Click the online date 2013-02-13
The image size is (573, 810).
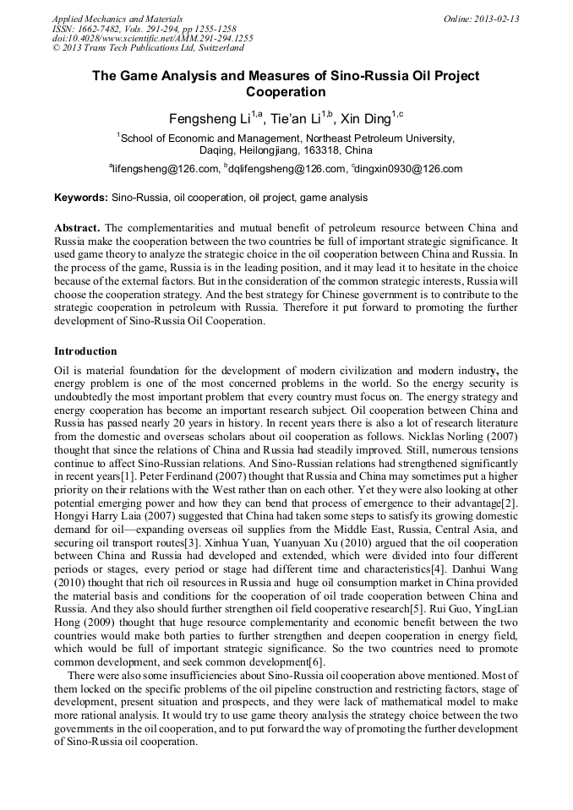[x=497, y=19]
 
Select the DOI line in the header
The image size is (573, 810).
[x=153, y=38]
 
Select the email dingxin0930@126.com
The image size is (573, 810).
[x=409, y=169]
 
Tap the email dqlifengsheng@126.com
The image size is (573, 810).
[x=287, y=169]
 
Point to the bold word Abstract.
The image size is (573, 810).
[x=77, y=227]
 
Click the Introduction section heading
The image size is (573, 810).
[x=85, y=351]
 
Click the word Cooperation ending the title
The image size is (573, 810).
[x=286, y=91]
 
